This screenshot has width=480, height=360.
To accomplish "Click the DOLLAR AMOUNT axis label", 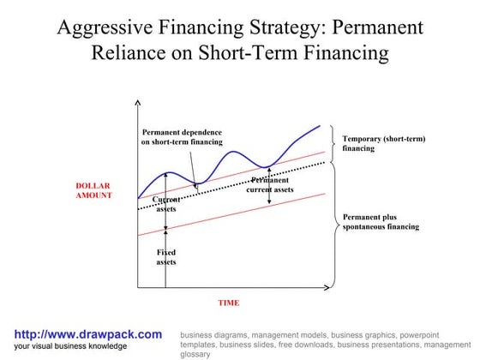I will (x=93, y=190).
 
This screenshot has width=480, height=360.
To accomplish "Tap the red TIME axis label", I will (x=228, y=303).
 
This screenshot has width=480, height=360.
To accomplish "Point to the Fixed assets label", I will (x=165, y=257).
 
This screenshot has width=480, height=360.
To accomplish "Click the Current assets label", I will (x=165, y=204).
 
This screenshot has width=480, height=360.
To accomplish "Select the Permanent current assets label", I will (x=270, y=185).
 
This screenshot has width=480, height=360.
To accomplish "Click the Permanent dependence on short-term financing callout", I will (x=182, y=137).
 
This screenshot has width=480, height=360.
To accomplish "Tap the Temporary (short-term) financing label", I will (x=383, y=143).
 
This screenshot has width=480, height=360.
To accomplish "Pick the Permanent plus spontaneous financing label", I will (x=381, y=222).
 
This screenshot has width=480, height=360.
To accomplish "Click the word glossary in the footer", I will (x=195, y=353).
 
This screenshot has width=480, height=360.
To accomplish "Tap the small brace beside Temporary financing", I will (x=333, y=144).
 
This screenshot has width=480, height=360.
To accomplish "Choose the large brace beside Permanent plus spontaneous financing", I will (x=333, y=221).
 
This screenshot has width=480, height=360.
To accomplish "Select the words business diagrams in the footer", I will (x=214, y=334).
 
